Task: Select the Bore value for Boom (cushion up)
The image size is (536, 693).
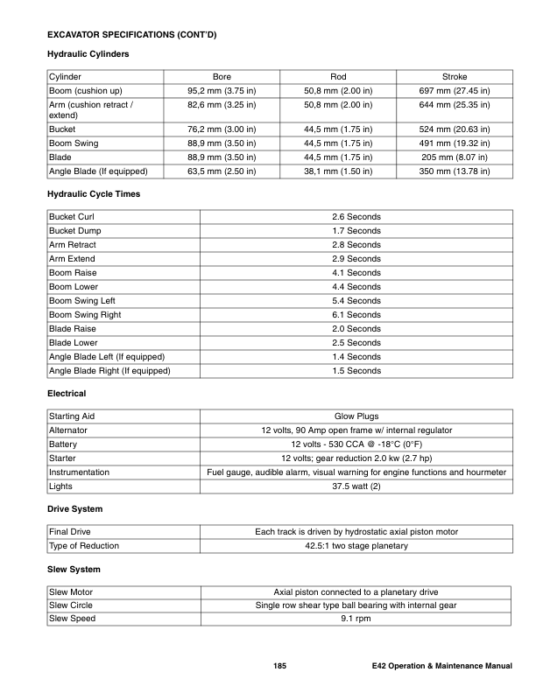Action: [222, 91]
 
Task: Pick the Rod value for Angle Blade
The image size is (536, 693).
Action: [338, 171]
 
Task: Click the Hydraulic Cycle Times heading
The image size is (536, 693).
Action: [93, 193]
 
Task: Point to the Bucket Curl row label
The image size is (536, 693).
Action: [72, 217]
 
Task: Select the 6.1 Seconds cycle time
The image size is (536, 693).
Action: [356, 315]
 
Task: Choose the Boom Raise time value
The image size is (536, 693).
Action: [356, 273]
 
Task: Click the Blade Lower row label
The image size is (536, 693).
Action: [74, 343]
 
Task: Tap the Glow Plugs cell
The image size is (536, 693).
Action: [356, 416]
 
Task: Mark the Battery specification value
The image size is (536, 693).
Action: [356, 444]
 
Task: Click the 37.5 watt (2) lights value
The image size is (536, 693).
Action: [356, 486]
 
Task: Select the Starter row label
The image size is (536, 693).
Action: [63, 458]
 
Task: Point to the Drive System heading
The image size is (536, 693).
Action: [74, 509]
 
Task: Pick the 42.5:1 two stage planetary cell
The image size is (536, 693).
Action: [356, 546]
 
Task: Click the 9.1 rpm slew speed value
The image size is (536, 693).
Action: [356, 619]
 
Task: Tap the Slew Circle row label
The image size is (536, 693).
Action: [71, 605]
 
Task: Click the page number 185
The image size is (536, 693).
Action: [280, 668]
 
